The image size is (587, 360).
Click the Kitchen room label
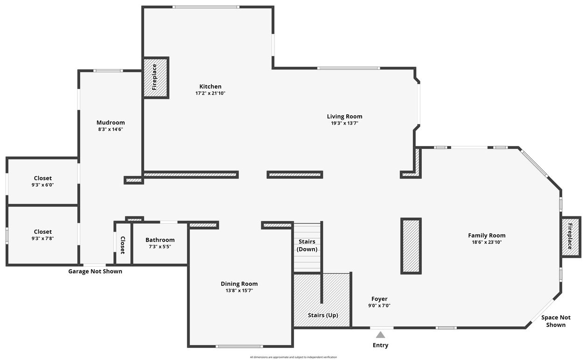click(210, 86)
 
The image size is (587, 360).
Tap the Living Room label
click(344, 117)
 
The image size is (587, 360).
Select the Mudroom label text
click(111, 123)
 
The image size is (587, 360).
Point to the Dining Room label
click(239, 284)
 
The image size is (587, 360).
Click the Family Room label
click(487, 235)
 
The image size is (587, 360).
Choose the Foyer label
click(379, 299)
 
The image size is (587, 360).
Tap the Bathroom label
click(160, 240)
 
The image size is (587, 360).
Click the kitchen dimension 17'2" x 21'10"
click(210, 93)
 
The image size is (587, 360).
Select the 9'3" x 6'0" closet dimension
click(43, 185)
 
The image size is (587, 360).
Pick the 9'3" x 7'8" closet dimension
click(43, 238)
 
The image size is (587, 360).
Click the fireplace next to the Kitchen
click(155, 77)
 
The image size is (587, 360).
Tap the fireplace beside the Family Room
click(570, 236)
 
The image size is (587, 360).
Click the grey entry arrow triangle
click(381, 334)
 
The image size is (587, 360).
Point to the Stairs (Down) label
click(307, 245)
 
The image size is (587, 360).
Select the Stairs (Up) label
click(323, 315)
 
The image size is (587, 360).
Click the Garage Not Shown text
click(95, 271)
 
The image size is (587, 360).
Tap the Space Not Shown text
click(556, 321)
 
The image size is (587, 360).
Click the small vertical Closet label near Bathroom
click(123, 245)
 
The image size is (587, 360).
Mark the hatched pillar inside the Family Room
click(411, 245)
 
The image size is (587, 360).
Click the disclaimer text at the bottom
click(293, 357)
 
